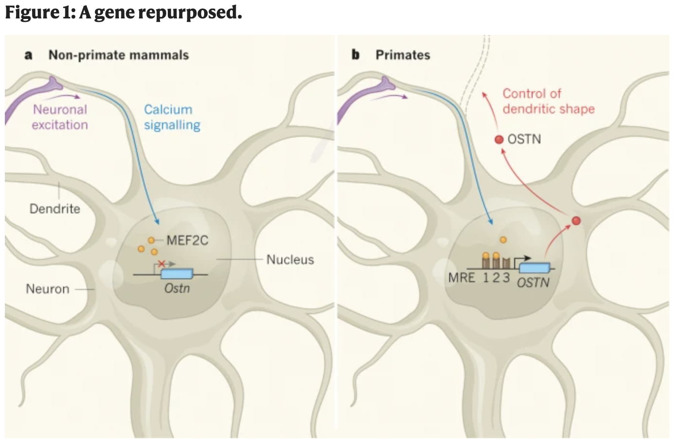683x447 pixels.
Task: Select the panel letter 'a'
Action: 29,55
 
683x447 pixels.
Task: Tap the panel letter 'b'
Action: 356,55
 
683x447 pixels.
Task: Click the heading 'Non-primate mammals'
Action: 118,55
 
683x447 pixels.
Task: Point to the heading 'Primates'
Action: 403,55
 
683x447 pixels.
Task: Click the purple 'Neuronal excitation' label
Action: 60,117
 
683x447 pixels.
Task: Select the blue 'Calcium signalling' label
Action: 172,117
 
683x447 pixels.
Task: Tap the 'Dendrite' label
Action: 55,208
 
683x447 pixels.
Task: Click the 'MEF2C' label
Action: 187,240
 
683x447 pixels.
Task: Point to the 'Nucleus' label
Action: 290,260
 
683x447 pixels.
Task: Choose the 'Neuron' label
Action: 48,289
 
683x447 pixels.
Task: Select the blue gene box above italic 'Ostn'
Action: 177,273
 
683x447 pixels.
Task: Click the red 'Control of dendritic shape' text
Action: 548,101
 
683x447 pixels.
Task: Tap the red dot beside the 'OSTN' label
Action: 499,140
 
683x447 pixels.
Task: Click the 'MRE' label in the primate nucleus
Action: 461,278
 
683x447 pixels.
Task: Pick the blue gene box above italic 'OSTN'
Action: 535,268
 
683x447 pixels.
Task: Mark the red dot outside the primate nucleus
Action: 576,221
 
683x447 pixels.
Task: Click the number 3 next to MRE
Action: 506,277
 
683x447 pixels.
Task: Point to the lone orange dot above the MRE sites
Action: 503,239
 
